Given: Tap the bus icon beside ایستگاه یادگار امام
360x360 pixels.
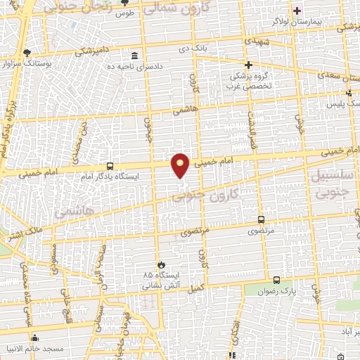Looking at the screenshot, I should click(110, 167).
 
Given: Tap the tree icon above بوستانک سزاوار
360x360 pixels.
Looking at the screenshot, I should click(27, 53).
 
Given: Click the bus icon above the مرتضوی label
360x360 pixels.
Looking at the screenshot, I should click(262, 220).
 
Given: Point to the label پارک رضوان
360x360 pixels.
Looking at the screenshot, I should click(276, 291).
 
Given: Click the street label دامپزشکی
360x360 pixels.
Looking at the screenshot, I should click(93, 52).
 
